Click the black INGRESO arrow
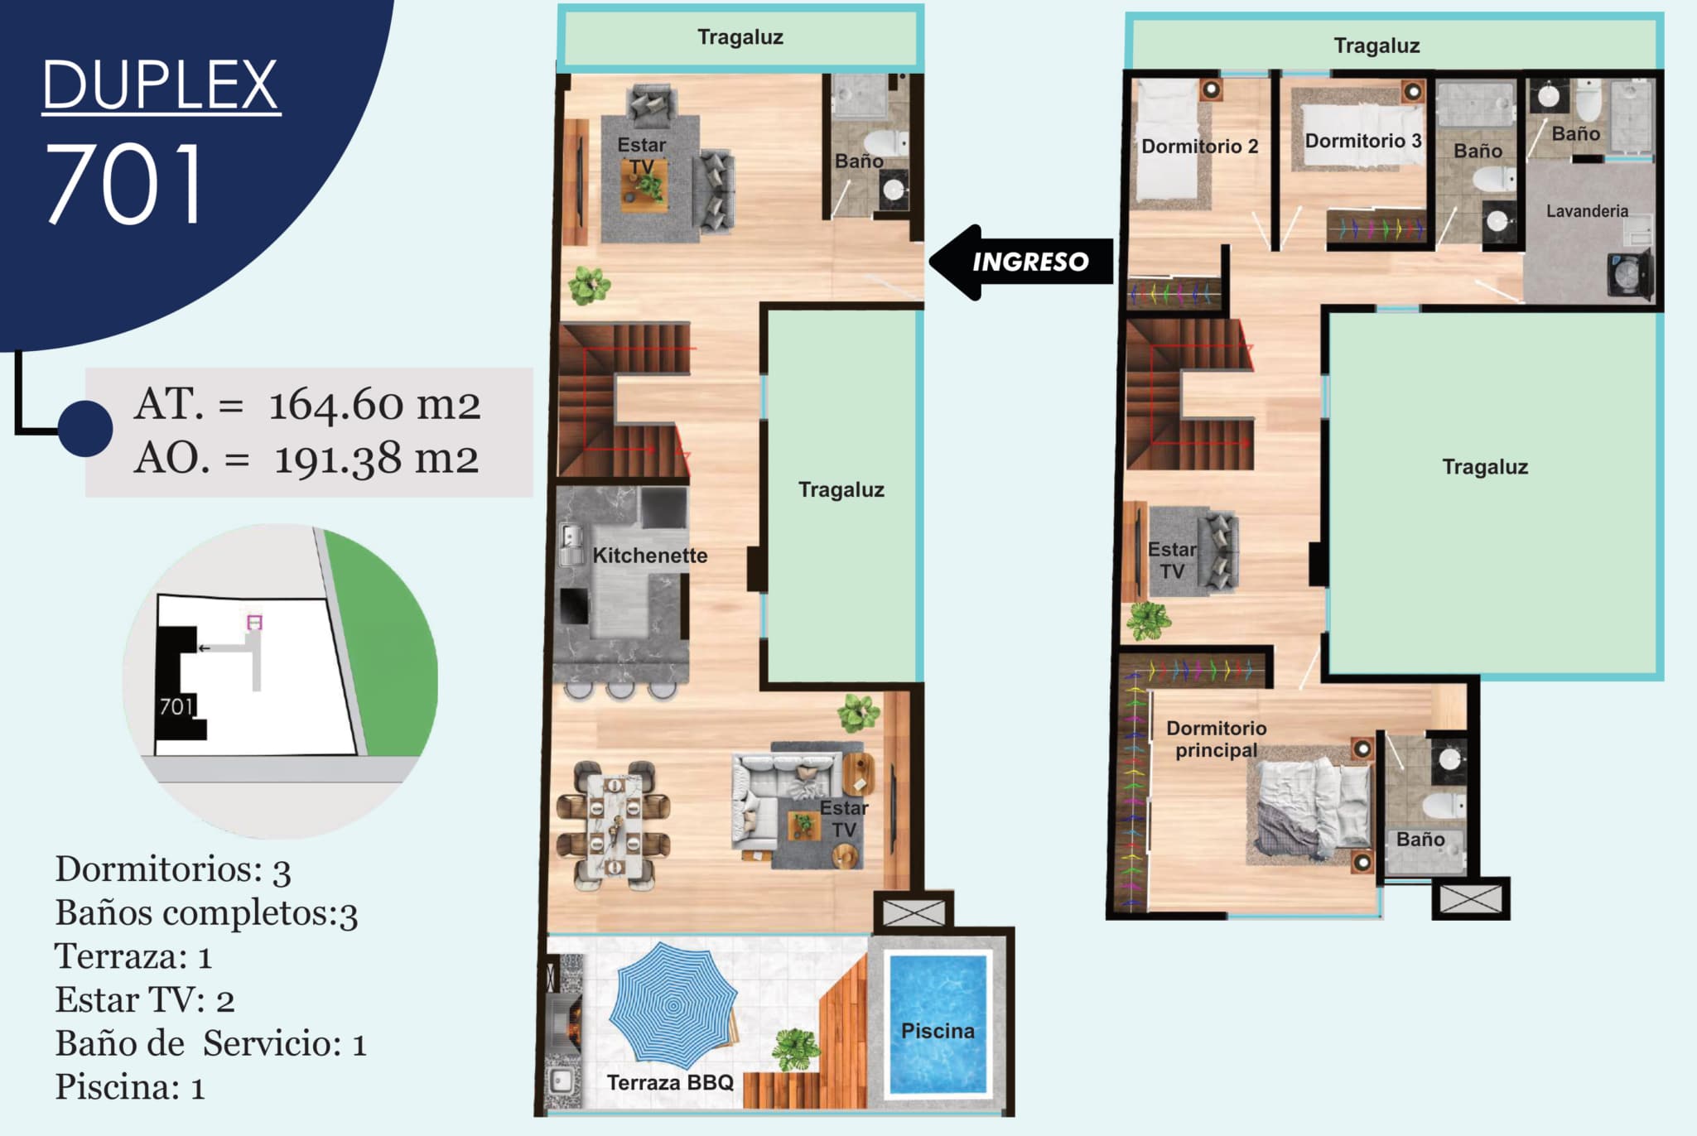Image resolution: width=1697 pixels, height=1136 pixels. coord(1020,262)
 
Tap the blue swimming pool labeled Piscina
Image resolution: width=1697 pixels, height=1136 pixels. coord(938,1025)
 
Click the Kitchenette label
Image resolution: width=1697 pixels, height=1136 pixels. coord(650,555)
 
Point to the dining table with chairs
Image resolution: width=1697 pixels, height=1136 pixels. coord(614,826)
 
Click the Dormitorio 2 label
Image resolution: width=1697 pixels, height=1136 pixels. coord(1199,147)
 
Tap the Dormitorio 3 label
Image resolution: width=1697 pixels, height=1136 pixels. coord(1363,141)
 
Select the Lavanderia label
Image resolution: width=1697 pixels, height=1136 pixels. coord(1587,211)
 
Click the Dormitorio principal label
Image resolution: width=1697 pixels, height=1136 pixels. coord(1216,739)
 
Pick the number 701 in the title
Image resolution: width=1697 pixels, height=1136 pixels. coord(123,183)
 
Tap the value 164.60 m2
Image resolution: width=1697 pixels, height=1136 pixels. coord(374,404)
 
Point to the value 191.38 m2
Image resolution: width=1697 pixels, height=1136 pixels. coord(376,459)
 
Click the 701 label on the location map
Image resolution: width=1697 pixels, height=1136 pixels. coord(176,706)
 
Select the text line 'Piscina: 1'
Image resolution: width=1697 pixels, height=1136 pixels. coord(130,1087)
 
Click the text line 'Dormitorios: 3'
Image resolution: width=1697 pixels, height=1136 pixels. coord(173,869)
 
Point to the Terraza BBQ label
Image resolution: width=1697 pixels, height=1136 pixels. coord(670,1082)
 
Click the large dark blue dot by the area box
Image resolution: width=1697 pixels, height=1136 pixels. coord(85,429)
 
